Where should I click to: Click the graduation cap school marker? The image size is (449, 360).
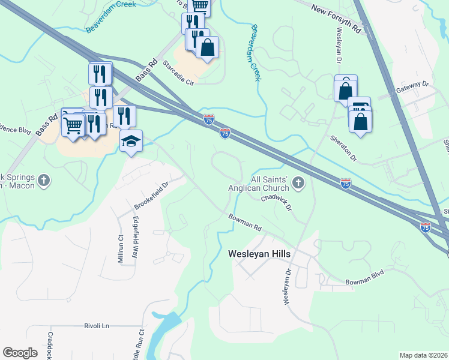coord(131,142)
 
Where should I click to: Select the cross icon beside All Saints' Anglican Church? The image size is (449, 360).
coord(298,182)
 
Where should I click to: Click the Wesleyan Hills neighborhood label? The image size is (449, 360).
coord(259,254)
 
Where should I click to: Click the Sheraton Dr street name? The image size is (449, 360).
coord(343,148)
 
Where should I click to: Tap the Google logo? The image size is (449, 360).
coord(20,353)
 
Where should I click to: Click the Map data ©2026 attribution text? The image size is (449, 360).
coord(424,355)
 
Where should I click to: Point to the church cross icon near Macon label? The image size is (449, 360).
coord(43,180)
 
